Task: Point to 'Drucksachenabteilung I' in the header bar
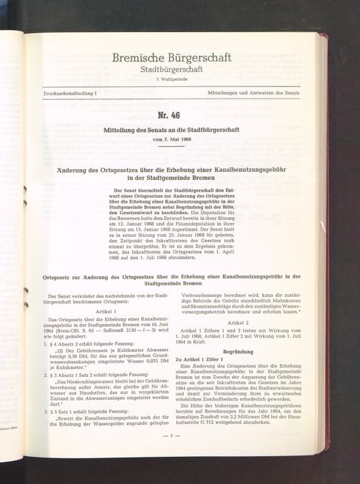pos(70,94)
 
